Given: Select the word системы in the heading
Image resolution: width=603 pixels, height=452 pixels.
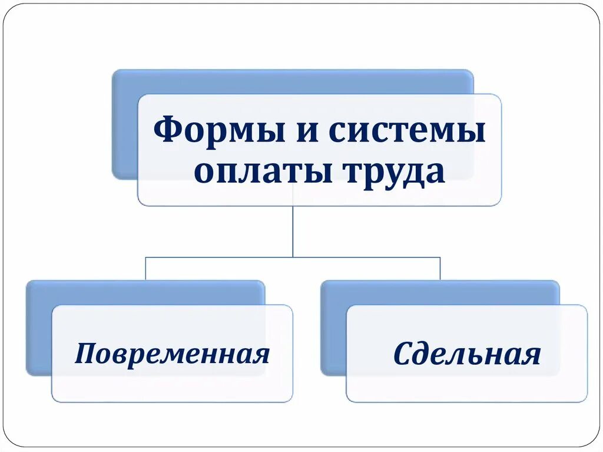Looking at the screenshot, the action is click(x=407, y=131).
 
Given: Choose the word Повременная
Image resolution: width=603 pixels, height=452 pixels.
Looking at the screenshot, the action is click(x=172, y=355).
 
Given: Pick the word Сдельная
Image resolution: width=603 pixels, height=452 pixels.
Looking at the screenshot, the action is click(x=466, y=355).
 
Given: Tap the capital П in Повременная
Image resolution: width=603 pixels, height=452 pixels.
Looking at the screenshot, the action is click(x=84, y=354).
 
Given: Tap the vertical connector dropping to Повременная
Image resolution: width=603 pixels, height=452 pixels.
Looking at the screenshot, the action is click(x=145, y=268).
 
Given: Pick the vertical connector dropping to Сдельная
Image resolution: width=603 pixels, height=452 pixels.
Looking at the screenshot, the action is click(x=440, y=268).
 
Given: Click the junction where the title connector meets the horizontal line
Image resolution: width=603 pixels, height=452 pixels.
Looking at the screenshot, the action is click(x=293, y=257).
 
